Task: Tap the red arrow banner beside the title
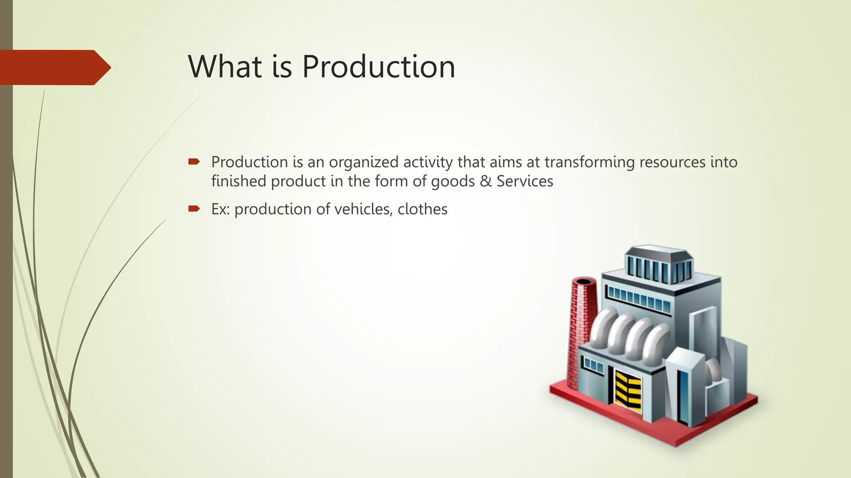point(54,68)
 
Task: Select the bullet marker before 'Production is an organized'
point(194,162)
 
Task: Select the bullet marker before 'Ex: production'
point(194,209)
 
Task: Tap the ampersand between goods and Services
point(485,181)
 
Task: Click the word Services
point(525,181)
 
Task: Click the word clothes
point(422,209)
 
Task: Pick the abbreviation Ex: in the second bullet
point(220,209)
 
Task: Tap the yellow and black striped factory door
point(628,390)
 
